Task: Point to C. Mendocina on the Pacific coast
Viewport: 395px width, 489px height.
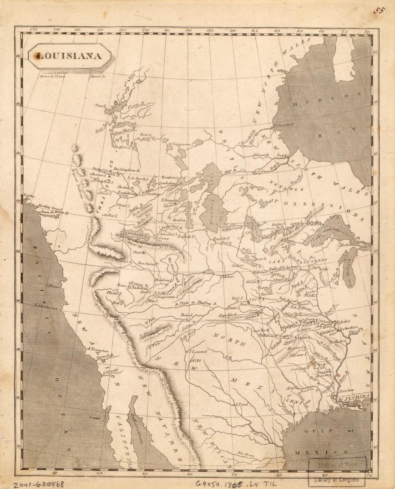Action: pos(48,308)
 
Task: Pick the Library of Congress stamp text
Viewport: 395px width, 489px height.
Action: pos(337,479)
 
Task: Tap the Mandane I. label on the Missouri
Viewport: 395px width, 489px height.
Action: pos(162,280)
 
